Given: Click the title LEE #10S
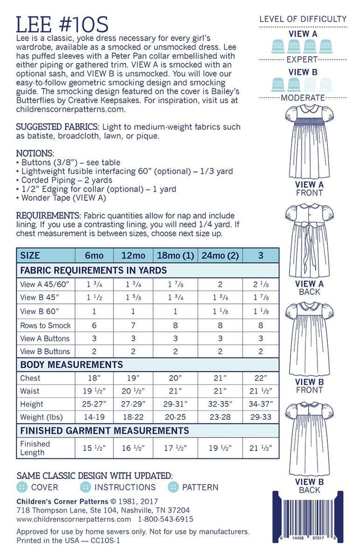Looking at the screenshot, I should point(62,24).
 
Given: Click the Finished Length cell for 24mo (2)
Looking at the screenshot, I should point(218,448).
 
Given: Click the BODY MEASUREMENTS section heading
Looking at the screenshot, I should point(72,365).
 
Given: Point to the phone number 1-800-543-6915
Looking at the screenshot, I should point(166,519).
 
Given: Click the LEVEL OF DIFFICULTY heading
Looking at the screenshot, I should point(303,19).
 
